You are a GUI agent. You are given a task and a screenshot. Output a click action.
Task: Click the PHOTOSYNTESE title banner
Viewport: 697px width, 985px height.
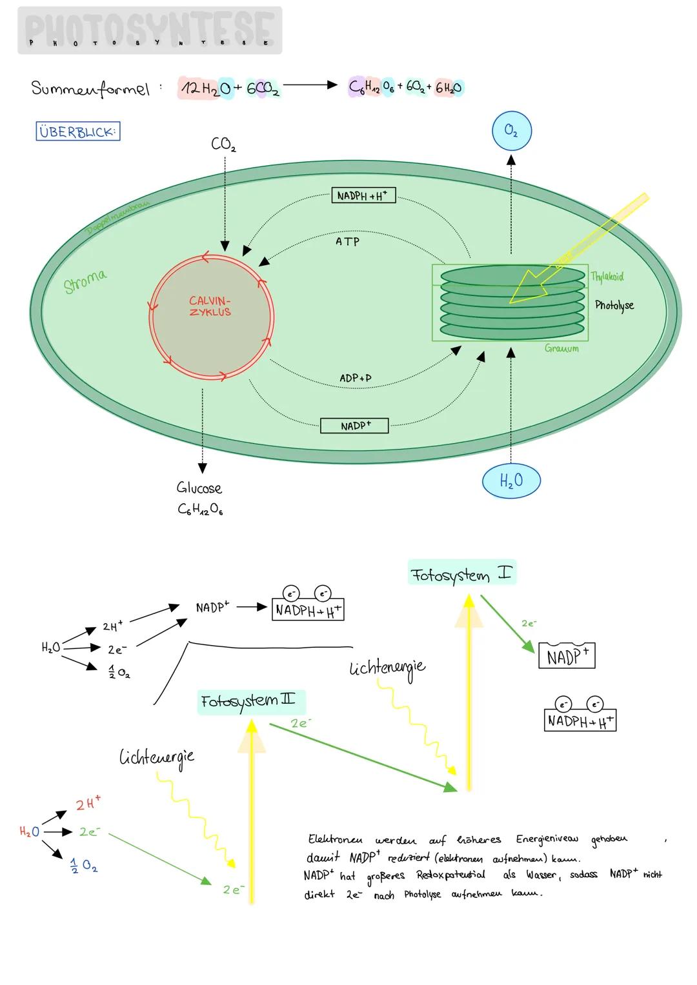[149, 30]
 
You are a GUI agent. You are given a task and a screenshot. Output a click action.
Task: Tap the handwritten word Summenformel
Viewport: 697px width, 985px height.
[90, 88]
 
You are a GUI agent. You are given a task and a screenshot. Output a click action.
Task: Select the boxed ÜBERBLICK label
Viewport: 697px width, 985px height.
[77, 132]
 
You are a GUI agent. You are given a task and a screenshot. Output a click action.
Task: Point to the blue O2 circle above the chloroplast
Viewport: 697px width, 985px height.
[510, 131]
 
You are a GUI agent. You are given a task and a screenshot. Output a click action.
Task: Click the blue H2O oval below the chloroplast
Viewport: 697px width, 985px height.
[510, 481]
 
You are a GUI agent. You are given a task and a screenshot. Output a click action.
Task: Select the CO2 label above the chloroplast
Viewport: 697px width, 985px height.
[223, 144]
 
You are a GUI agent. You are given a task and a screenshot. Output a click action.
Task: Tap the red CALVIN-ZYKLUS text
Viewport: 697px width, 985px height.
[210, 306]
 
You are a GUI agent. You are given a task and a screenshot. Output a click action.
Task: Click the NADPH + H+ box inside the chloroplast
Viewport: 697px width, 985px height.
[363, 195]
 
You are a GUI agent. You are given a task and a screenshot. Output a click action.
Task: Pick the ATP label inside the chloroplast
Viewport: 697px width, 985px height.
[347, 241]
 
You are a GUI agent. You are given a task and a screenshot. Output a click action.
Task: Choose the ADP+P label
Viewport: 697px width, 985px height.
[355, 378]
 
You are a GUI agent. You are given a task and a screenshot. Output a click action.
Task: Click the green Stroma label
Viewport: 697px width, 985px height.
[85, 282]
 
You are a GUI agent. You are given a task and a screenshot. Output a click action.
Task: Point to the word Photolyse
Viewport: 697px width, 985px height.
[614, 305]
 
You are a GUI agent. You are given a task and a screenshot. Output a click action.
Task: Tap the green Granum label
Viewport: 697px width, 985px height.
[561, 348]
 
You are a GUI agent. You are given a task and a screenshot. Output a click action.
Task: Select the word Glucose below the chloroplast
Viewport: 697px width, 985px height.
[199, 488]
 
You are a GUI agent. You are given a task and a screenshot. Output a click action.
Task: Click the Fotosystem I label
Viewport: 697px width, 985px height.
[461, 573]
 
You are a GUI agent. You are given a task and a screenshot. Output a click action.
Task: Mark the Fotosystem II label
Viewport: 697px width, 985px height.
[250, 701]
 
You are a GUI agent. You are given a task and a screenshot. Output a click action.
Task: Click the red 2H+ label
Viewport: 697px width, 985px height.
[88, 804]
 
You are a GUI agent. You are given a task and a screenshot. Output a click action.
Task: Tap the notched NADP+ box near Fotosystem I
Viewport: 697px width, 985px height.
[567, 656]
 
